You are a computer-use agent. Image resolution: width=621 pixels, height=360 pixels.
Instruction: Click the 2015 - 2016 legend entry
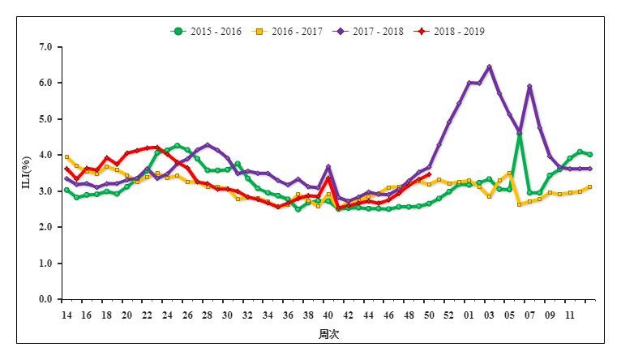[x=208, y=32]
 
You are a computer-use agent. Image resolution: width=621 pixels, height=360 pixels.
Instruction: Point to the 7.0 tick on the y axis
[x=45, y=47]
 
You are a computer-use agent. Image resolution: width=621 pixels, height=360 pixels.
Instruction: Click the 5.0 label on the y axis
[x=45, y=119]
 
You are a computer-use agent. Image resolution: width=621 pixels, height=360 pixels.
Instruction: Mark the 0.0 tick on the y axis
[x=45, y=299]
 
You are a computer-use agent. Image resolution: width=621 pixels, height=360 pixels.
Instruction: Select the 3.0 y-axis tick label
[x=45, y=191]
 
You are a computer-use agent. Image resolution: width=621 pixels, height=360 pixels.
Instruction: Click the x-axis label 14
[x=66, y=315]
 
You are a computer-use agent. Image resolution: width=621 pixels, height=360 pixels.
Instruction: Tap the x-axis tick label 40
[x=328, y=315]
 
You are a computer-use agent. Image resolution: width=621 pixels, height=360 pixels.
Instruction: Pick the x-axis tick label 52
[x=448, y=315]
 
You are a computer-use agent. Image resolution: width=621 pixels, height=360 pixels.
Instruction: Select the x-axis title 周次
[x=328, y=334]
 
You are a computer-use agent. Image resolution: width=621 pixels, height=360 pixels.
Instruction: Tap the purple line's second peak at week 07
[x=529, y=87]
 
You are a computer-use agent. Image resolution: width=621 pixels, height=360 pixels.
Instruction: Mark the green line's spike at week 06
[x=519, y=135]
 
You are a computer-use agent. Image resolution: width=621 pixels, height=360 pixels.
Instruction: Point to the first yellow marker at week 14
[x=66, y=157]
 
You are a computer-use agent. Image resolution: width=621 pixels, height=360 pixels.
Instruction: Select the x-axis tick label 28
[x=207, y=315]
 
